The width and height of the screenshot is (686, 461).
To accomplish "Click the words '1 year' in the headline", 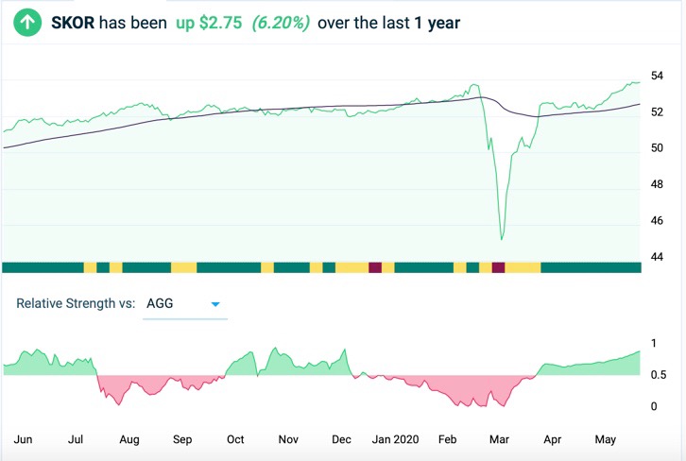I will point(437,22).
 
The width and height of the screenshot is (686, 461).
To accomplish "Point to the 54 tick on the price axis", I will point(658,76).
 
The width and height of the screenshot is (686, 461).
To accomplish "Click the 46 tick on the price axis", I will point(658,221).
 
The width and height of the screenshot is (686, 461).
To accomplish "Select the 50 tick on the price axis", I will point(658,148).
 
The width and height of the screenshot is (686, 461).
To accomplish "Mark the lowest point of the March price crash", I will point(501,239).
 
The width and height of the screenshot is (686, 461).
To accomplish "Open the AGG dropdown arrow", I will point(215,304).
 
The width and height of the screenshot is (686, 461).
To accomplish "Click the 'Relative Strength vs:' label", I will point(76,304).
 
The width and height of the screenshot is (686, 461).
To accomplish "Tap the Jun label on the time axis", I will point(25,439).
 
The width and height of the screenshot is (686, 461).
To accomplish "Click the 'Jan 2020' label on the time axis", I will point(395,439).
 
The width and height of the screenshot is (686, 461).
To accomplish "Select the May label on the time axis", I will point(606,439).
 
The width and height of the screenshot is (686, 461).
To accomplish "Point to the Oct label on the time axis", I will point(235,439).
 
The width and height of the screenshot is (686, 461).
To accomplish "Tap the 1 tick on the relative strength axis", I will point(654,343).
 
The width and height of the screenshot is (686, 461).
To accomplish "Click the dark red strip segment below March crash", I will point(499,267).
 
